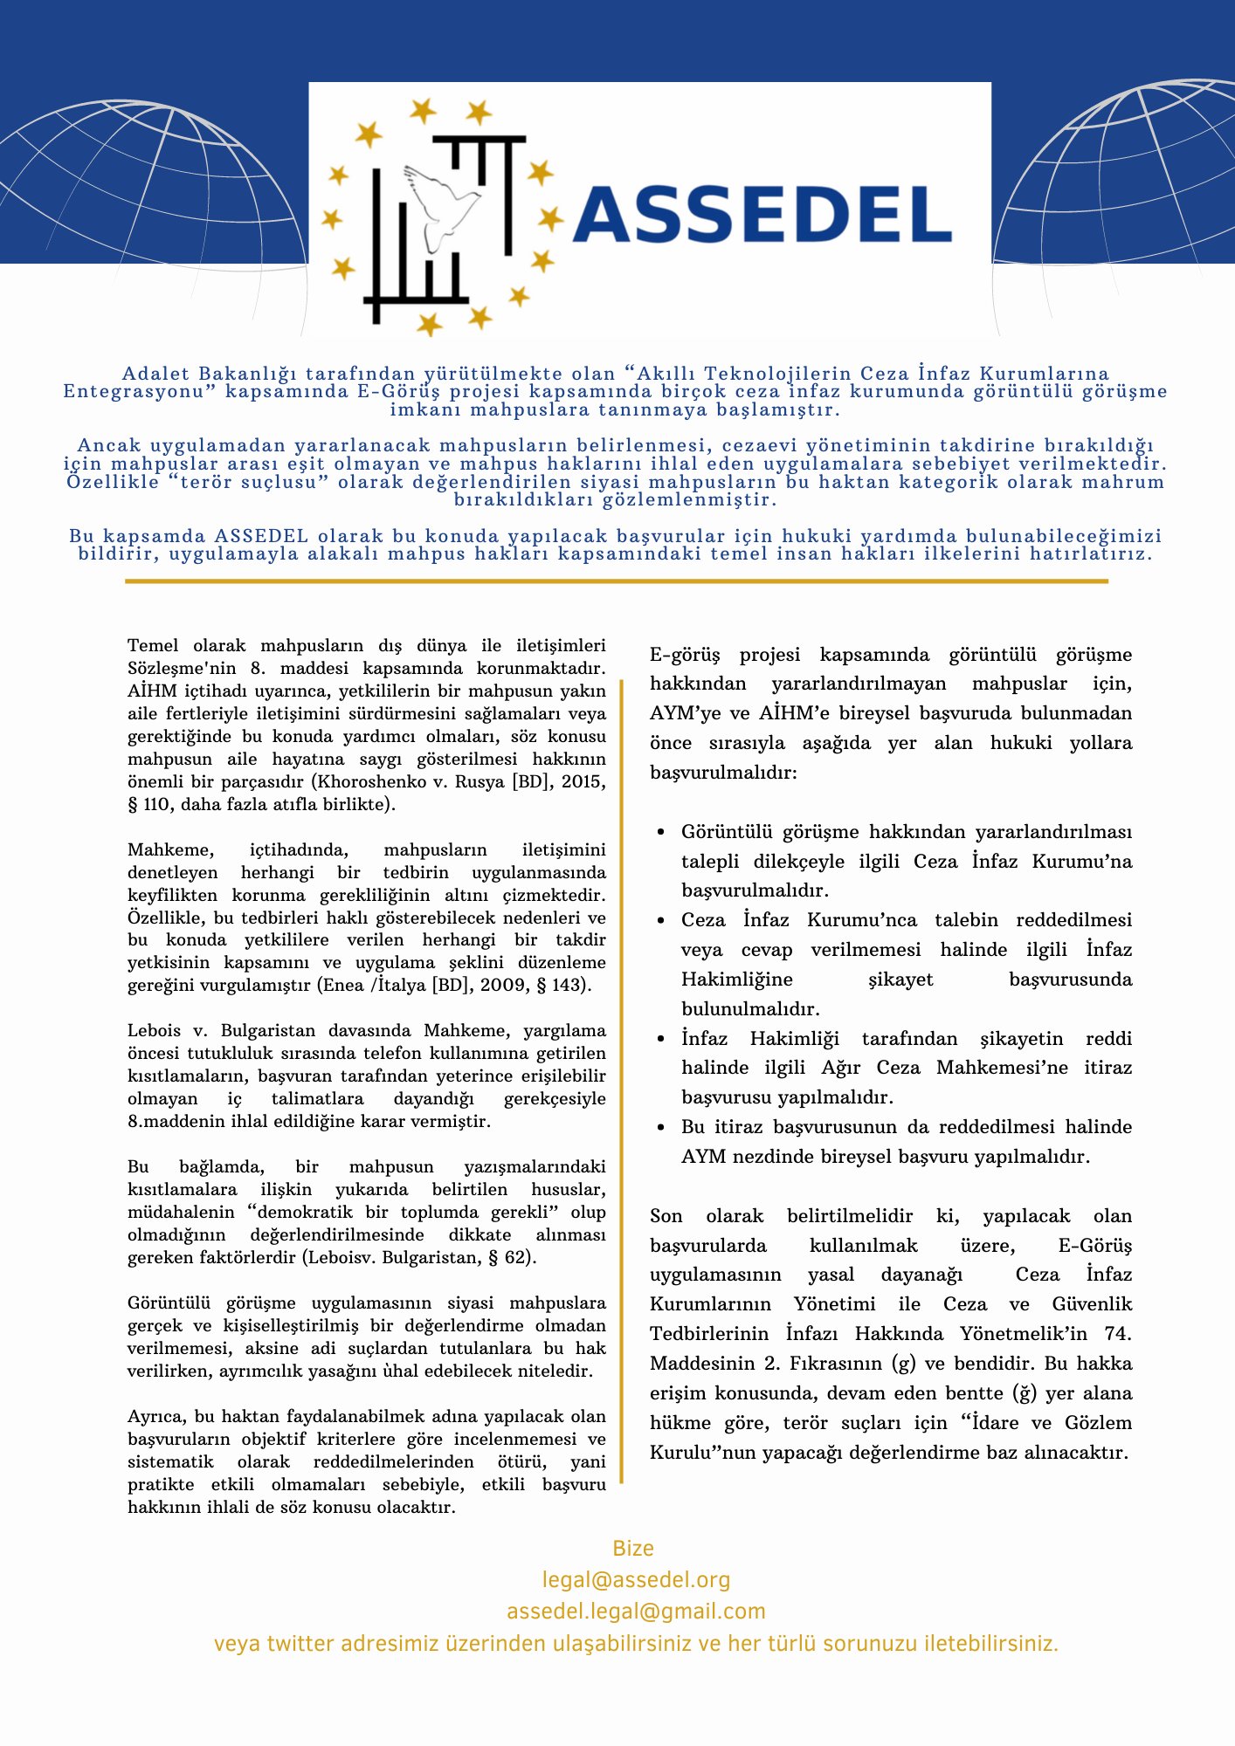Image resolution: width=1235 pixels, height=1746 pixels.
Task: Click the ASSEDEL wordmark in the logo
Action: point(762,214)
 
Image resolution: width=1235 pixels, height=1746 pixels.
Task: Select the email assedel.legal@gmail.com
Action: point(636,1611)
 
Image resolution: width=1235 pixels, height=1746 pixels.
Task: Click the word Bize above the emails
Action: point(633,1548)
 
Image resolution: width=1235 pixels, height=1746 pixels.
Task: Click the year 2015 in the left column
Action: point(583,781)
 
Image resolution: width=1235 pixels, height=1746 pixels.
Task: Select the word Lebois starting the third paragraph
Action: point(154,1030)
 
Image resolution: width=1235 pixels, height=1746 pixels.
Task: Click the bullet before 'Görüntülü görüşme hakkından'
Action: point(661,833)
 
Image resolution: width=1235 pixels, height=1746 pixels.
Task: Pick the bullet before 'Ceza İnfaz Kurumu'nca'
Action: point(661,921)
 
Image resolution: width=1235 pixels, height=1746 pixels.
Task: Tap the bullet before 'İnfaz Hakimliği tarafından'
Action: point(661,1040)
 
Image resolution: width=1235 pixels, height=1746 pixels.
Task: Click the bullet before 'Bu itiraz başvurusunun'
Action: point(661,1128)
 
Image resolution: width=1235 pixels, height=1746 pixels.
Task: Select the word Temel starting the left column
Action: point(153,646)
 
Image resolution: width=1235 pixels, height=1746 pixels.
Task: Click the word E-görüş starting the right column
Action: point(685,655)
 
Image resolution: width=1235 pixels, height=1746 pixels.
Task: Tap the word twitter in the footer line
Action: point(300,1644)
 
